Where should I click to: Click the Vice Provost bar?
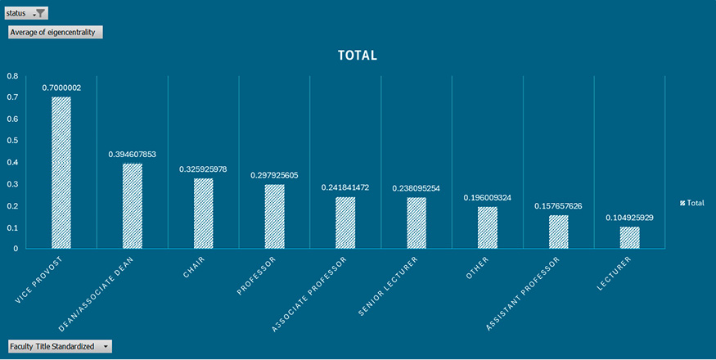(61, 173)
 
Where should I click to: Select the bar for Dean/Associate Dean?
(133, 206)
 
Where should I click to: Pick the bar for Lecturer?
(629, 237)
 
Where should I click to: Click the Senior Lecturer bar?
(417, 223)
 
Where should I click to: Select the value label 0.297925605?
(274, 175)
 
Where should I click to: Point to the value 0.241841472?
(345, 187)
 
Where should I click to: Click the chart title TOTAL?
(358, 56)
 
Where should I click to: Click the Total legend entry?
(691, 203)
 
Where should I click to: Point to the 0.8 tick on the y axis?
(12, 76)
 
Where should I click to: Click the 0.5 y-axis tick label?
(12, 141)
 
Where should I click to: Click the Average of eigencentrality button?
(55, 32)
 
